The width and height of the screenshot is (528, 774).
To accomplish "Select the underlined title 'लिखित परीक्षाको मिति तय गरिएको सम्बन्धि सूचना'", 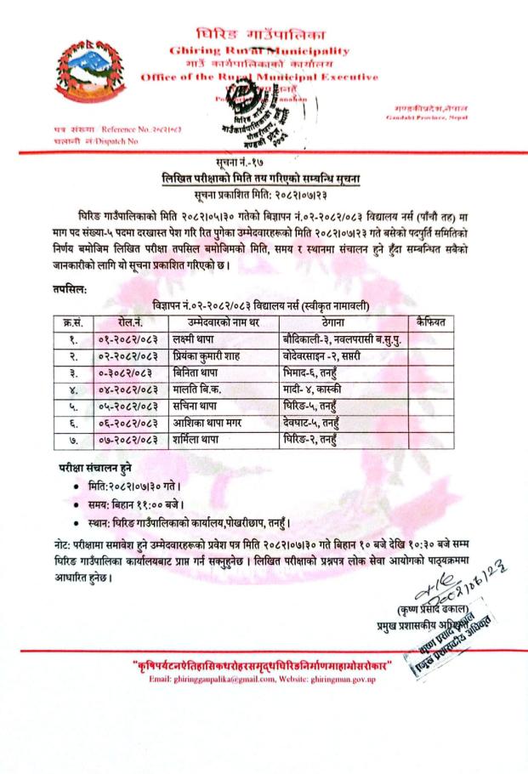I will click(x=264, y=174).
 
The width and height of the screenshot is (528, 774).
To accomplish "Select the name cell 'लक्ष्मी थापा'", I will click(x=194, y=339).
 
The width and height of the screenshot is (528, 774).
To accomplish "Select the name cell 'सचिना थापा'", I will click(x=194, y=407).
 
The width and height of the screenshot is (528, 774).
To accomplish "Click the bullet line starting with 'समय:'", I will click(x=135, y=503).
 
